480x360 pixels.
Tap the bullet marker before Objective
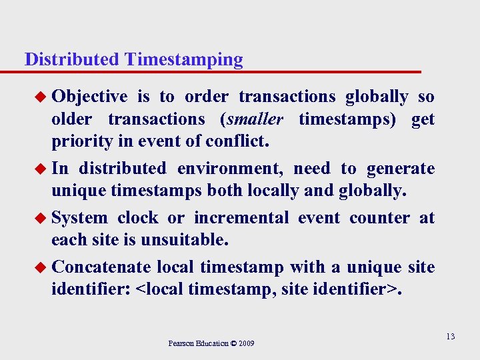tap(43, 97)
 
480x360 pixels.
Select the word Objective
tap(89, 97)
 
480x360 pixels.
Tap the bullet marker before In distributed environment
tap(43, 169)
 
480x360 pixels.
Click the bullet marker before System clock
tap(43, 219)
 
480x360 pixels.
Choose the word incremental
tap(241, 218)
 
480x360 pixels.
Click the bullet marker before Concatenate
tap(43, 268)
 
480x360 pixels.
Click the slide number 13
tap(451, 337)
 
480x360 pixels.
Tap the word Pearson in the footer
tap(181, 343)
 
